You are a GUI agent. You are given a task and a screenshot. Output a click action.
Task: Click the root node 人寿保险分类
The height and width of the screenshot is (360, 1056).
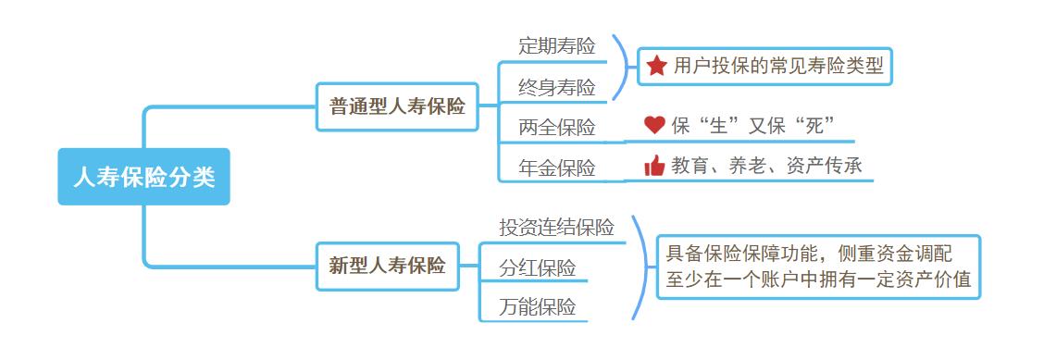point(143,177)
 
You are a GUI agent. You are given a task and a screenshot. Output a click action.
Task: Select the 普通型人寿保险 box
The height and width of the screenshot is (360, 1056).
point(398,106)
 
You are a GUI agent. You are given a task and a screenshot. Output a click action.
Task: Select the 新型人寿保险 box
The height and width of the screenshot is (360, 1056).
point(387,267)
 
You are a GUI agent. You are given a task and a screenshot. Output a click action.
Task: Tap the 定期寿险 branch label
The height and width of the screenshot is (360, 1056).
point(557,45)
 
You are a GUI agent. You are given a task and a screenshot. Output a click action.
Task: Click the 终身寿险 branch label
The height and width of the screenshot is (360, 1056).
point(557,87)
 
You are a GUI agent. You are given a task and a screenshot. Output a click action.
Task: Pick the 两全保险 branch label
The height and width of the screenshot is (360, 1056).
point(557,128)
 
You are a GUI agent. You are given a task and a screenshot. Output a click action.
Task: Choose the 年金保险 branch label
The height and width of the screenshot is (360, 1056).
point(557,168)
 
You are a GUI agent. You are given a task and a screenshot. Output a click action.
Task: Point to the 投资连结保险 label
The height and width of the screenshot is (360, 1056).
point(557,228)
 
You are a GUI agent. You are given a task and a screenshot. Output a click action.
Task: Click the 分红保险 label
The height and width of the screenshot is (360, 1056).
point(538,268)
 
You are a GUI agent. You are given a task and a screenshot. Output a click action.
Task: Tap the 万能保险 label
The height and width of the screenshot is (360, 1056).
point(538,307)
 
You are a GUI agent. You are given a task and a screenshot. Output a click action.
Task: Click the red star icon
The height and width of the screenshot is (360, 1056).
point(656,66)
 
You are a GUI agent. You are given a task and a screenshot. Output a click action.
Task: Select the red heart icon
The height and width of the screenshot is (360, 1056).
point(654,125)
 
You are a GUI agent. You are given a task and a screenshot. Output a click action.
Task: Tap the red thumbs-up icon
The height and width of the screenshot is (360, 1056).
point(654,166)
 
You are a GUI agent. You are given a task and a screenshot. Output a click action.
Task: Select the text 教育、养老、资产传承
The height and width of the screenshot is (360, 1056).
point(766,166)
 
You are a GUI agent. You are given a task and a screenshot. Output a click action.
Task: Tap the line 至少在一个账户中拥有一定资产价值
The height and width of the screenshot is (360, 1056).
point(818,279)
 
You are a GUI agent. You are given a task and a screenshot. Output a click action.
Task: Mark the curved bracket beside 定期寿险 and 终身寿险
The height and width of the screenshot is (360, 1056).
point(624,67)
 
